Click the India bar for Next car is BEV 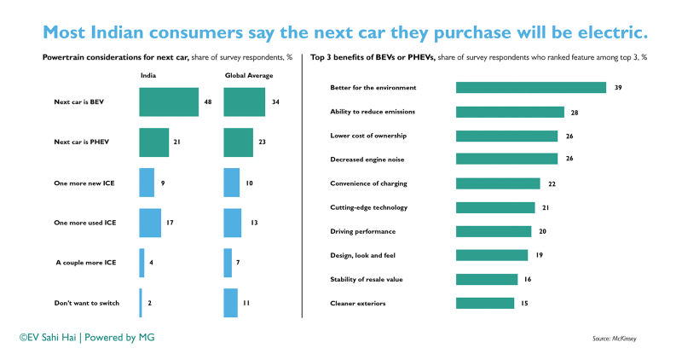click(x=169, y=102)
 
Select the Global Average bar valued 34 click(x=244, y=102)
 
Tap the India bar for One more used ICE click(x=150, y=223)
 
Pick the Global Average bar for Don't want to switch click(x=230, y=302)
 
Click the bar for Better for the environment click(x=530, y=88)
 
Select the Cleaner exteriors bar click(x=485, y=303)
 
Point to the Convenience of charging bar click(x=498, y=183)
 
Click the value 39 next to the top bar click(x=618, y=88)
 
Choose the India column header click(x=148, y=75)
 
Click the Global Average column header click(x=247, y=75)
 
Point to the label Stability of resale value click(x=367, y=279)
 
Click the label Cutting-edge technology click(x=368, y=207)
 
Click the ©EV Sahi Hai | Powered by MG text click(x=87, y=338)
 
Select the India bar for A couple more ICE click(x=142, y=263)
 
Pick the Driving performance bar click(x=494, y=231)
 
